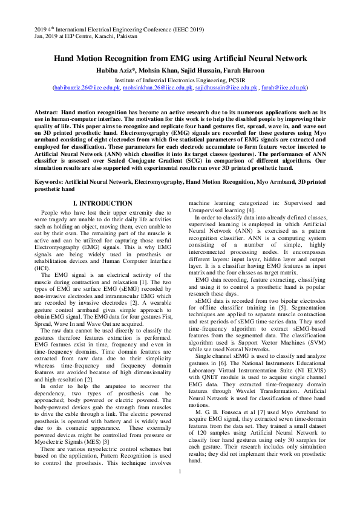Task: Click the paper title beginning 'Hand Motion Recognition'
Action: point(180,59)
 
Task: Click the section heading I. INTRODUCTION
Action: point(102,204)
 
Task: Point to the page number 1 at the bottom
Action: point(180,488)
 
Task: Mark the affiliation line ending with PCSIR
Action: point(180,79)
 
